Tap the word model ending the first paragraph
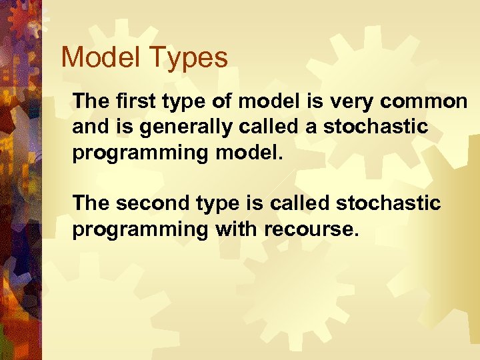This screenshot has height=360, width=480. [x=249, y=152]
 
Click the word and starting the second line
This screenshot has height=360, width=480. [x=88, y=127]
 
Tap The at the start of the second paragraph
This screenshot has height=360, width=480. [x=89, y=203]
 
